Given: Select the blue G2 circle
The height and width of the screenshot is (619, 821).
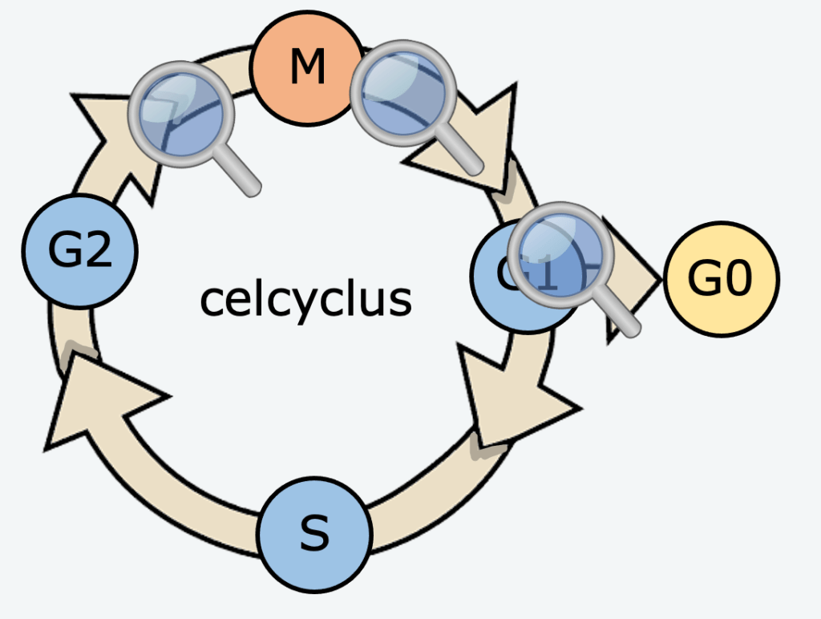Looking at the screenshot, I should [x=79, y=251].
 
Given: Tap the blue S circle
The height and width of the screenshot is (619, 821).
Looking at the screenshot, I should [x=314, y=534].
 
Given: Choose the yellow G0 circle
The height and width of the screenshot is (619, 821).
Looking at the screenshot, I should [x=721, y=279].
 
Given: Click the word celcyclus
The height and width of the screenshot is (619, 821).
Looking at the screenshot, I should [x=305, y=299].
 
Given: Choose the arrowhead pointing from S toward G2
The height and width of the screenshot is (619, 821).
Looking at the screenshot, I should [x=96, y=401].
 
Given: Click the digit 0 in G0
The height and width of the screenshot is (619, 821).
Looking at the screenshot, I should [x=738, y=279].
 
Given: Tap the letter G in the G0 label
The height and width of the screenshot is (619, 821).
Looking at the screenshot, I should [x=703, y=279].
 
